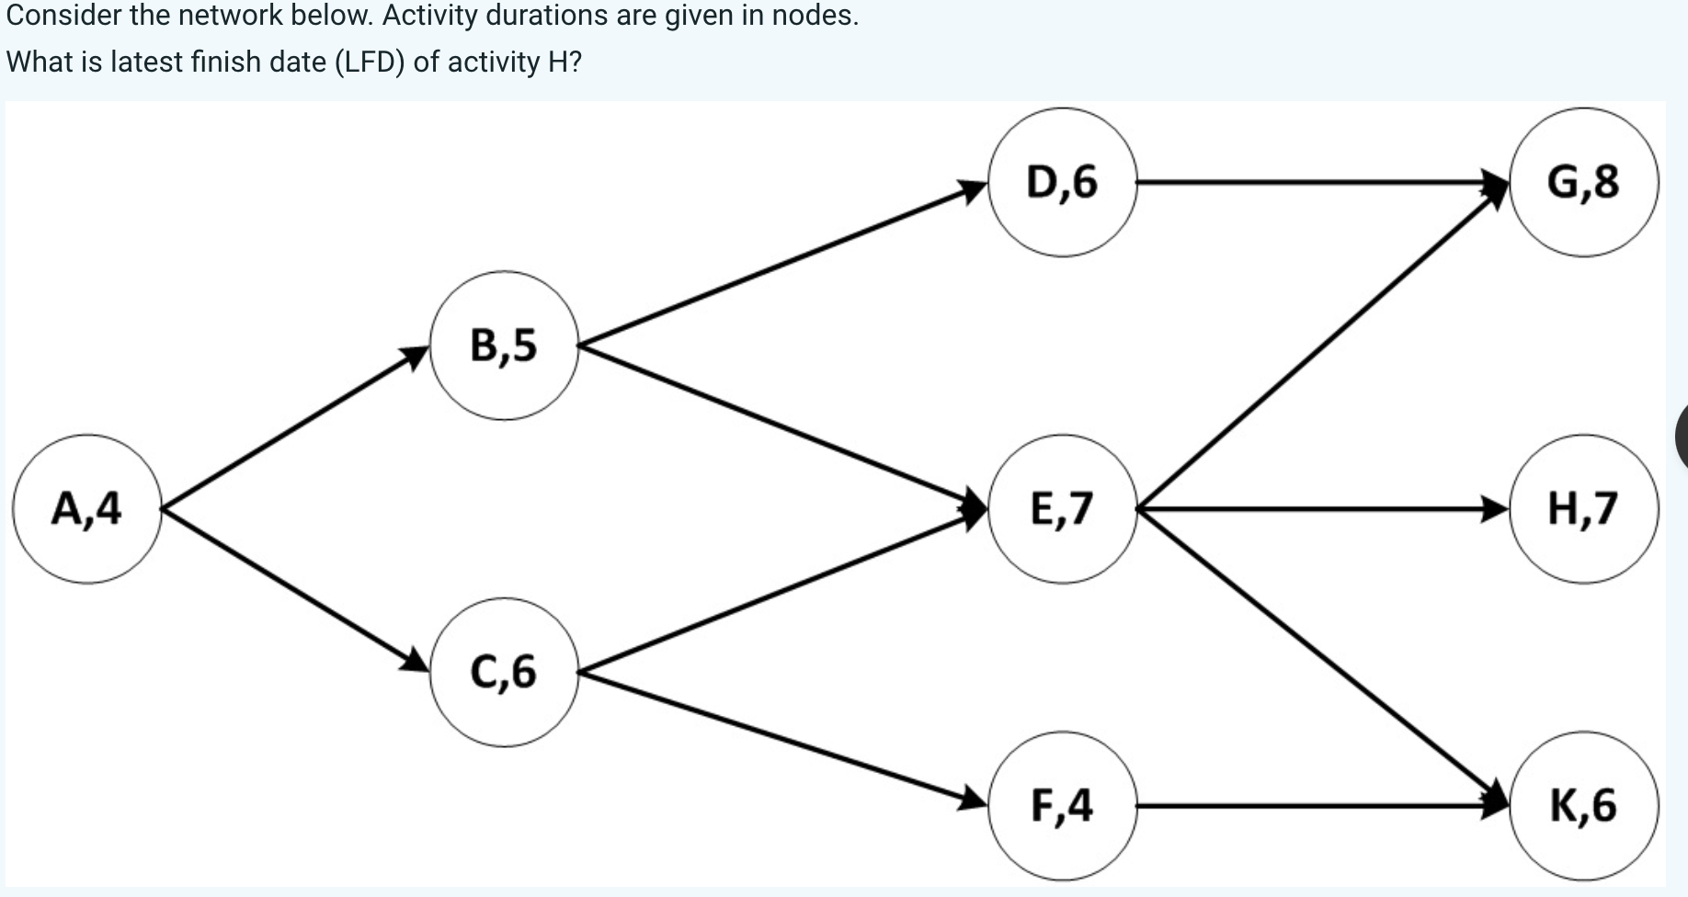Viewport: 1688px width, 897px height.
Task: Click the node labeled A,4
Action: pos(87,508)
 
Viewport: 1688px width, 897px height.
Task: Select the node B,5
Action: pos(504,346)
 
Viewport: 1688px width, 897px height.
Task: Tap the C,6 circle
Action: pos(504,672)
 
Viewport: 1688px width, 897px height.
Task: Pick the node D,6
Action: pos(1062,182)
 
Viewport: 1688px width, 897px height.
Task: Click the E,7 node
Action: pos(1062,508)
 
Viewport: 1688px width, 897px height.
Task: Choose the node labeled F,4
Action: pos(1062,805)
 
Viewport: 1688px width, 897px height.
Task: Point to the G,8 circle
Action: pos(1583,182)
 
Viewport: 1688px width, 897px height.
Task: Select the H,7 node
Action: pos(1583,508)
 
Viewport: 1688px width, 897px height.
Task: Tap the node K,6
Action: pos(1583,805)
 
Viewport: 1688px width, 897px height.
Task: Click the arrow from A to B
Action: pos(294,427)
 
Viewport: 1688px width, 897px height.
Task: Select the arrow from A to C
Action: pos(294,589)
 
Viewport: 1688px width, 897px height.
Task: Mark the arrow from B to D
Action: pos(781,264)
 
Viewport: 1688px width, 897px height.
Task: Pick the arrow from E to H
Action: pos(1324,507)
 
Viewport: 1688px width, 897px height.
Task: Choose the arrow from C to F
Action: pos(781,738)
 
